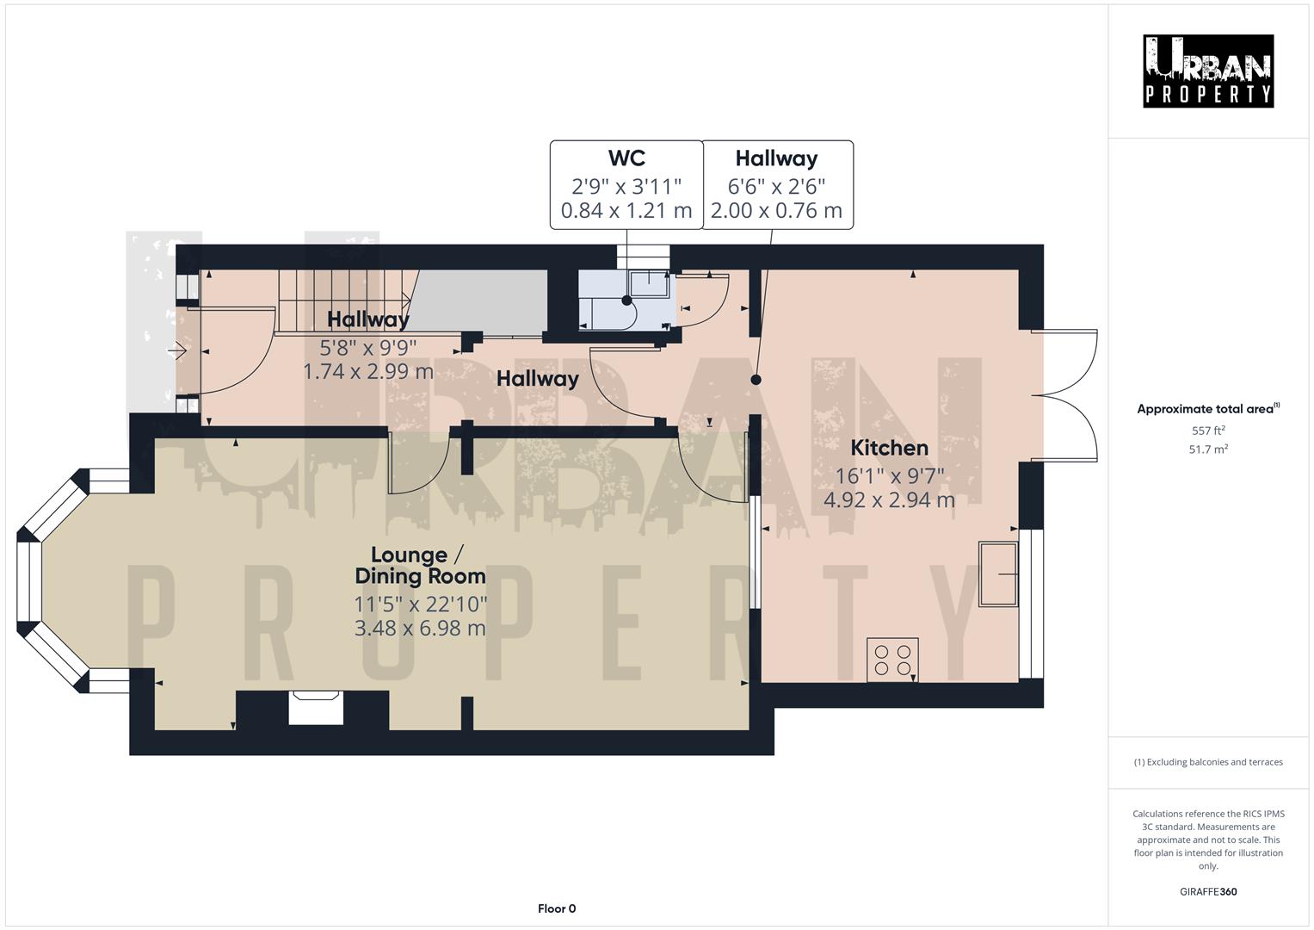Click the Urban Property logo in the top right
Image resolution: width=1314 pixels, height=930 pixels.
coord(1207,71)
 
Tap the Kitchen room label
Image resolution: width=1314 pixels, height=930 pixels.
coord(889,448)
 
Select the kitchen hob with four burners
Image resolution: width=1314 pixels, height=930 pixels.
coord(892,660)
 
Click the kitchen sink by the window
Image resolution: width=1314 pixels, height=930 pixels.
coord(998,573)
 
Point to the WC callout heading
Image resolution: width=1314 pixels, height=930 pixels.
coord(626,158)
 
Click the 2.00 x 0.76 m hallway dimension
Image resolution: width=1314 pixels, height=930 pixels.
coord(775,211)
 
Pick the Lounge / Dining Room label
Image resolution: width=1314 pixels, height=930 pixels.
coord(420,565)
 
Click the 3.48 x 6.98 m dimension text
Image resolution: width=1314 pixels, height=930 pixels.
coord(420,629)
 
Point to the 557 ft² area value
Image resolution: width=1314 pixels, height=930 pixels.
coord(1207,431)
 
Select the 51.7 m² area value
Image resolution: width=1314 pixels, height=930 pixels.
coord(1207,449)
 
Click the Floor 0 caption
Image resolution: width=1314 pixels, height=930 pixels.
coord(556,908)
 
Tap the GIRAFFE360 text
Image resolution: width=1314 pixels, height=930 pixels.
coord(1207,892)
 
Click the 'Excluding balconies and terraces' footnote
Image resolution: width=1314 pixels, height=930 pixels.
coord(1207,762)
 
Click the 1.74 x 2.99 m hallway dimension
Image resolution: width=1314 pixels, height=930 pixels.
coord(367,372)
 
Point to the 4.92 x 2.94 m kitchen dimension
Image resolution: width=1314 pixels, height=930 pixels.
coord(889,500)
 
